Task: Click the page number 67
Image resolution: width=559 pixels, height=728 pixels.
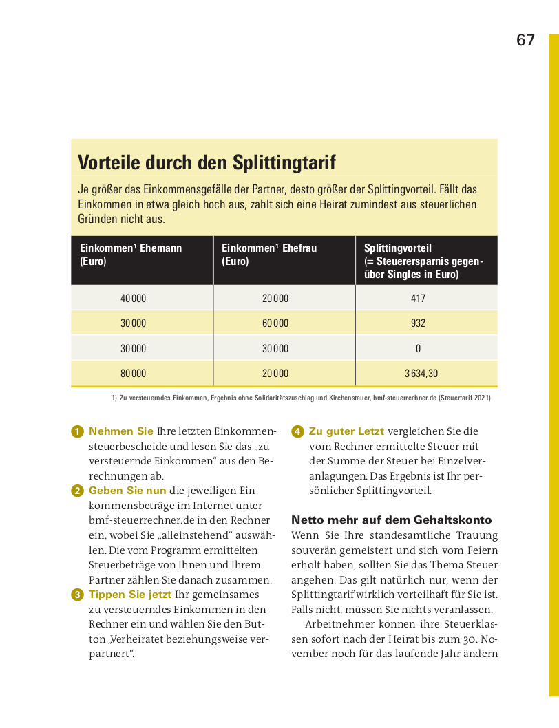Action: [x=525, y=41]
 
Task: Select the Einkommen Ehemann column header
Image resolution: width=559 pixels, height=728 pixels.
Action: [x=131, y=254]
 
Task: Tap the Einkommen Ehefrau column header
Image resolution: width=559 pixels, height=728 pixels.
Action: [x=269, y=254]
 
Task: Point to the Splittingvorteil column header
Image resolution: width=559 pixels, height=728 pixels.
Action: [x=423, y=261]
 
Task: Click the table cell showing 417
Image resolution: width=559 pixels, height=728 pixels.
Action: [x=418, y=298]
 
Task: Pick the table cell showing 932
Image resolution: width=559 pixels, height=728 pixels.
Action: [x=418, y=323]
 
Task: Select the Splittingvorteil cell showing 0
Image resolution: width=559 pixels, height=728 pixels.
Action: [x=418, y=348]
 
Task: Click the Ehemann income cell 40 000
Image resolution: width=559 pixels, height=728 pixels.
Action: [x=134, y=298]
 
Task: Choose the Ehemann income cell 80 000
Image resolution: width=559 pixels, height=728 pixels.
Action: [x=134, y=374]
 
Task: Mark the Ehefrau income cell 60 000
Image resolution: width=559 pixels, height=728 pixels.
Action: [x=275, y=323]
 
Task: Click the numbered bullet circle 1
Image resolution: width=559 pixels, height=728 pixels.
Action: [x=77, y=432]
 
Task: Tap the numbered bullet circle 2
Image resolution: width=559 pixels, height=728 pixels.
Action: [x=77, y=491]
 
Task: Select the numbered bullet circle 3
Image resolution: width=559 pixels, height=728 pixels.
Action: [x=77, y=595]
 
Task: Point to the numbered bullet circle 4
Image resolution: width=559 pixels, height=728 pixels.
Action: [x=297, y=432]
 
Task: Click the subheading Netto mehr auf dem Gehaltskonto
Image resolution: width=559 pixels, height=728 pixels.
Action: [x=391, y=520]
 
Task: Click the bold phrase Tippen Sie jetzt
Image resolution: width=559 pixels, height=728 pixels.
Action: [x=130, y=595]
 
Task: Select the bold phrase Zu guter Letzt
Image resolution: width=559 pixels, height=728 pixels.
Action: [x=346, y=431]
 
